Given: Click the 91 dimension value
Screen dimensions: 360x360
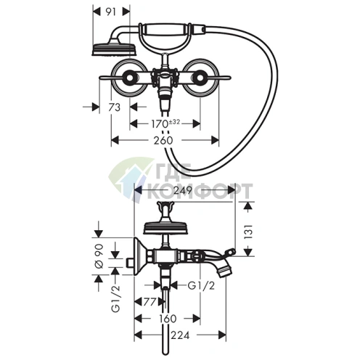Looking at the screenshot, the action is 112,12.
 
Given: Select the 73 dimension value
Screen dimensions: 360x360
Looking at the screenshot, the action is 114,107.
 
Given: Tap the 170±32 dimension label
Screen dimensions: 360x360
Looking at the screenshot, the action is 165,123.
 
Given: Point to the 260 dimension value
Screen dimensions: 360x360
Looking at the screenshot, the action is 163,140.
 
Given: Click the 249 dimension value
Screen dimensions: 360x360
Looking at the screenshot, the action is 183,190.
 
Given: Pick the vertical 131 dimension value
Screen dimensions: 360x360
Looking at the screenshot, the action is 249,232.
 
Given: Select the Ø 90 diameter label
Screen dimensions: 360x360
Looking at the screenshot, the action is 99,256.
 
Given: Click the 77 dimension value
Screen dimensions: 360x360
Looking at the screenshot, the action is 150,302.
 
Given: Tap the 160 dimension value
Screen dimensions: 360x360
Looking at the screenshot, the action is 168,319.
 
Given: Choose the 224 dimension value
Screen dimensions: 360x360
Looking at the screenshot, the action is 180,335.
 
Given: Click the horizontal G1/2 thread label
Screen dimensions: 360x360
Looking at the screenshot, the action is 201,286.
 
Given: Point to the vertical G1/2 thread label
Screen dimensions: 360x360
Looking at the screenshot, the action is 115,298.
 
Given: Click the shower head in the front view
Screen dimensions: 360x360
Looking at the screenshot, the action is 114,49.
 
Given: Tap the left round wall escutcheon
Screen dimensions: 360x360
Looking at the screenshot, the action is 128,78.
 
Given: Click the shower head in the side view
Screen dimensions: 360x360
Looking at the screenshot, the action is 165,228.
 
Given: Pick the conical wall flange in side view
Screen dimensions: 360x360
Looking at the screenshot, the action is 140,256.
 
